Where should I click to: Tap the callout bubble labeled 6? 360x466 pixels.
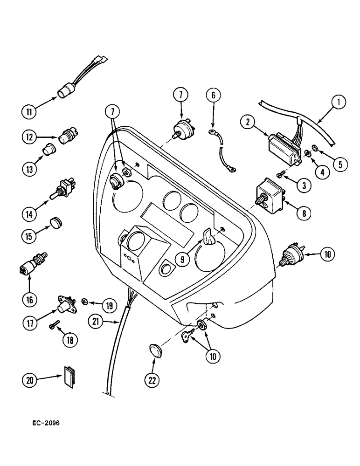[x=214, y=95]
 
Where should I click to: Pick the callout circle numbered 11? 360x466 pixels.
[x=30, y=112]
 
